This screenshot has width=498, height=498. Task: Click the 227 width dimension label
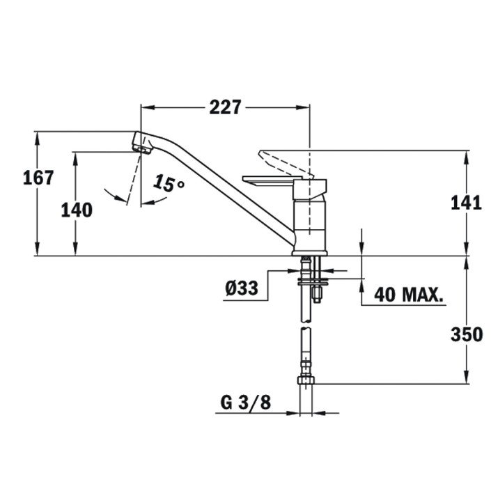tap(225, 107)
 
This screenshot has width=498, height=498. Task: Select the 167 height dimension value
tap(38, 178)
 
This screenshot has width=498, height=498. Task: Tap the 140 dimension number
tap(77, 210)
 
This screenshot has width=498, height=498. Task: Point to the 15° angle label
tap(169, 184)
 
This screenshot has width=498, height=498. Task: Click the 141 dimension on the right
tap(466, 203)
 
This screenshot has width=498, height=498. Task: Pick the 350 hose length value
tap(467, 334)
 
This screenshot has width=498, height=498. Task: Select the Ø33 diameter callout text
tap(242, 288)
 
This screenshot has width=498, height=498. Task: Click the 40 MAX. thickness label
tap(409, 295)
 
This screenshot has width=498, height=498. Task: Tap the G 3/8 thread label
tap(246, 403)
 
